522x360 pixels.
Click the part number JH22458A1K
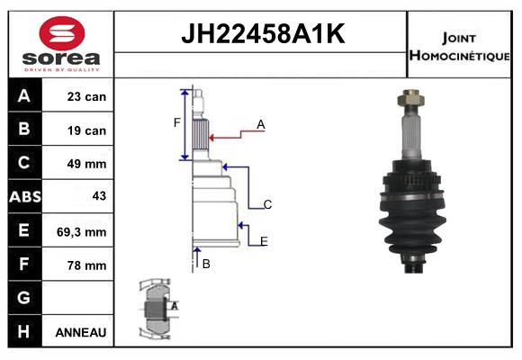[x=263, y=33]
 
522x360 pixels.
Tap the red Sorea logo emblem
[x=62, y=33]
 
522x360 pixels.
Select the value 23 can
[x=86, y=96]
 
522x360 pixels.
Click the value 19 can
[x=86, y=130]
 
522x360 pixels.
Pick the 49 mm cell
[x=86, y=164]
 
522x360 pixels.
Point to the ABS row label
[x=25, y=196]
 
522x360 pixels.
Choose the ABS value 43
[x=99, y=196]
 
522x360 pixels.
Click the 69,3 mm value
[x=82, y=232]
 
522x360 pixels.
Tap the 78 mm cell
[x=86, y=265]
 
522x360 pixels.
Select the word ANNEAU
[x=81, y=332]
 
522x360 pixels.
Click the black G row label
[x=25, y=297]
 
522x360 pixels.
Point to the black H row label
[x=25, y=331]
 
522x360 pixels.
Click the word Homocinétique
[x=459, y=55]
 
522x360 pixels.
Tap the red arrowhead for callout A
[x=211, y=138]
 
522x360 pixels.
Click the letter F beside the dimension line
[x=176, y=123]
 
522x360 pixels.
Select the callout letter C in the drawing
[x=267, y=204]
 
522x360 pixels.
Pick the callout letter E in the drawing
[x=264, y=241]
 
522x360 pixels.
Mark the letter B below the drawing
[x=206, y=264]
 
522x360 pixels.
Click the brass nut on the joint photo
[x=410, y=97]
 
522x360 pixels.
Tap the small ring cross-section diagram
[x=157, y=309]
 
